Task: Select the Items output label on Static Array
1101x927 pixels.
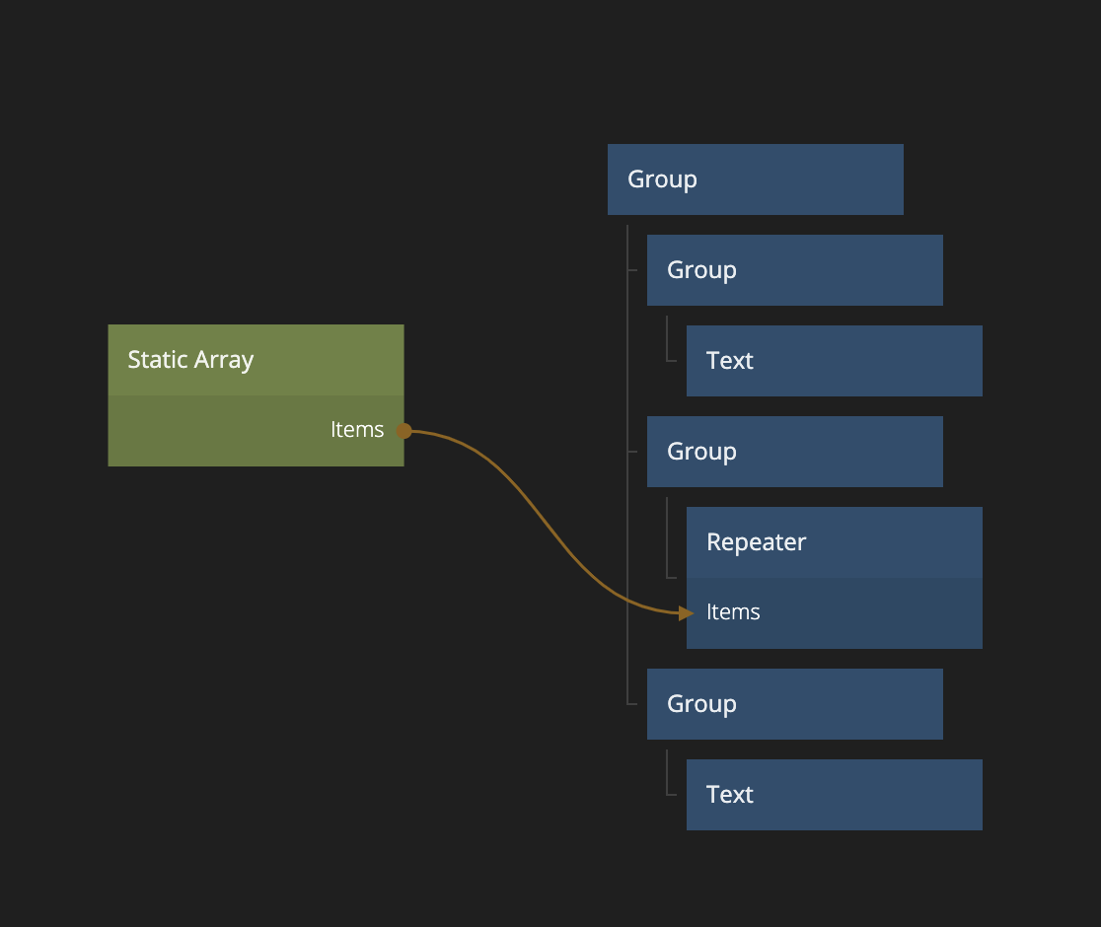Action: click(357, 430)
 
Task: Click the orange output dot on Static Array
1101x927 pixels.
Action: click(404, 431)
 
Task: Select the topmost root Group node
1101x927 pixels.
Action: click(755, 179)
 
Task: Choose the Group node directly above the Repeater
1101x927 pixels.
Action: click(794, 452)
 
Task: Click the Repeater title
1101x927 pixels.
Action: click(756, 542)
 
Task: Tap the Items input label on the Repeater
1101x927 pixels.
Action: click(733, 612)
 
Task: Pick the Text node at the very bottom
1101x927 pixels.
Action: click(834, 795)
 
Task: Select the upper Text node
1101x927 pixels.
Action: click(834, 361)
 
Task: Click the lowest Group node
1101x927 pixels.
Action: click(794, 704)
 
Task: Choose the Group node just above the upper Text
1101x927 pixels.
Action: click(794, 270)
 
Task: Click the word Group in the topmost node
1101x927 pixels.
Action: click(662, 179)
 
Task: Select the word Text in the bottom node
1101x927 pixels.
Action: click(730, 795)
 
